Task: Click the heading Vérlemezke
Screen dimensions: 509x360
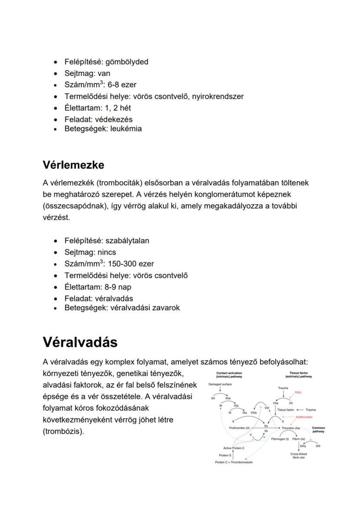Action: tap(73, 165)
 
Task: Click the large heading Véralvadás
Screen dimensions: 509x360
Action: tap(80, 342)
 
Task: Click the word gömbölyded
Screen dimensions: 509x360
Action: tap(127, 62)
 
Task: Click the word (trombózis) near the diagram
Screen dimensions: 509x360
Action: tap(63, 432)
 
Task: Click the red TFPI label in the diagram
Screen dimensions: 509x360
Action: tap(298, 393)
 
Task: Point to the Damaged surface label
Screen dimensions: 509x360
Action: tap(220, 384)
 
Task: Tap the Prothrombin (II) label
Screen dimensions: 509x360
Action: tap(239, 428)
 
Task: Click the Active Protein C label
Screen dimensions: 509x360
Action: tap(234, 448)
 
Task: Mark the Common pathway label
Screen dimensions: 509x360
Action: tap(318, 429)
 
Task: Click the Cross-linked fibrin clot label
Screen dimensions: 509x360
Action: tap(299, 456)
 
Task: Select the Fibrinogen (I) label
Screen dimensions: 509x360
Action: tap(280, 439)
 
